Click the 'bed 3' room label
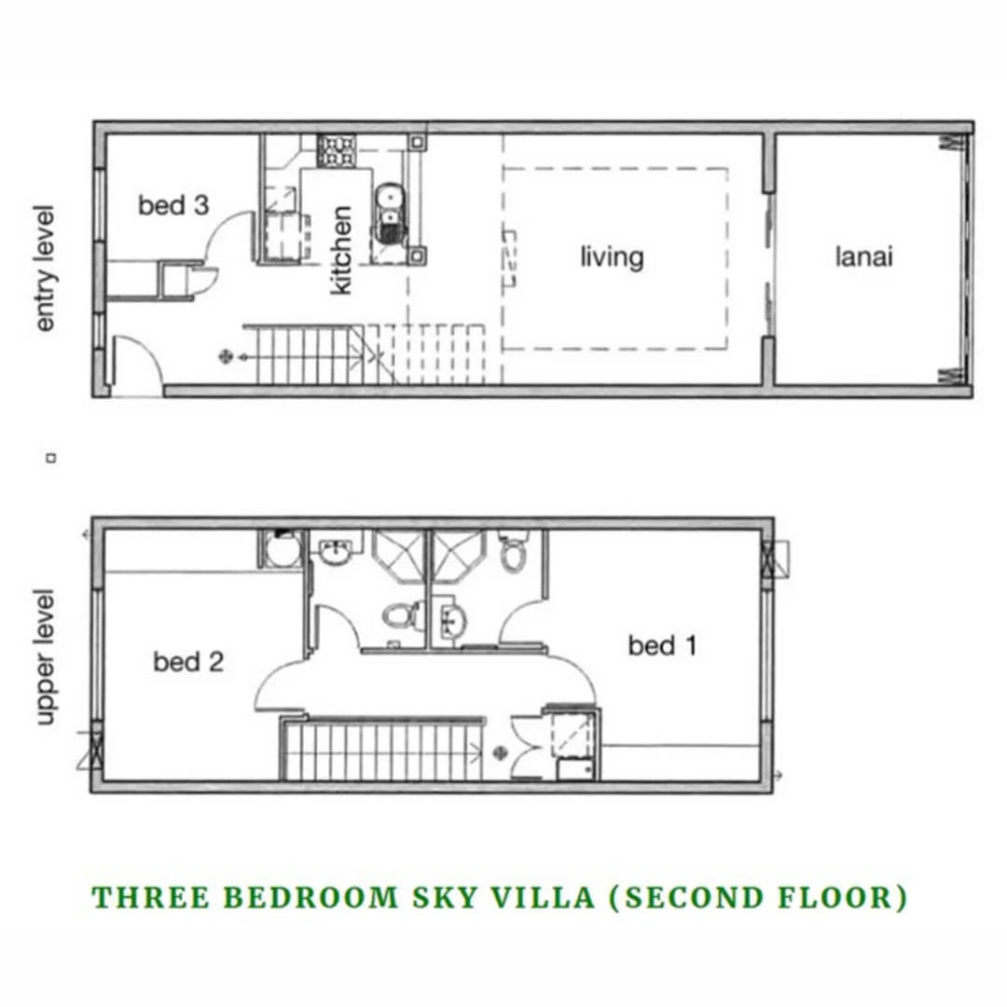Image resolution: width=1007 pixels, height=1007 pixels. click(173, 205)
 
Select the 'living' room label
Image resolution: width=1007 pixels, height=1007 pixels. click(612, 255)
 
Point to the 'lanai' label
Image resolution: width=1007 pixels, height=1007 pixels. click(863, 255)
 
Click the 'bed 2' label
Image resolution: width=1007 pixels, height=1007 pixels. click(188, 662)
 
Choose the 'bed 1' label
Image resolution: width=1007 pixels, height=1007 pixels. click(662, 645)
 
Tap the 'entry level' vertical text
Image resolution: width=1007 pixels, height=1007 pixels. click(46, 268)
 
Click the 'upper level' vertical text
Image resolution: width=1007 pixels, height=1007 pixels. click(46, 656)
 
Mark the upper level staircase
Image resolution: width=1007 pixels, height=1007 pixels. click(382, 750)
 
